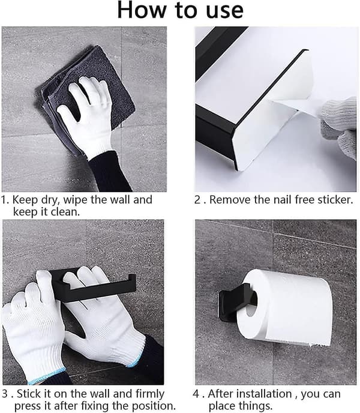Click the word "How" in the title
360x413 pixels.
tap(142, 10)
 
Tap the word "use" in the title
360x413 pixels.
tap(224, 11)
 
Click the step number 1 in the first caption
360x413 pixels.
tap(4, 200)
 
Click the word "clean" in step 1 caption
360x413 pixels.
tap(65, 212)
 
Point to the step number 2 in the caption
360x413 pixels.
tap(198, 200)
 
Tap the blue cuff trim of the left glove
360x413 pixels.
tap(47, 376)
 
